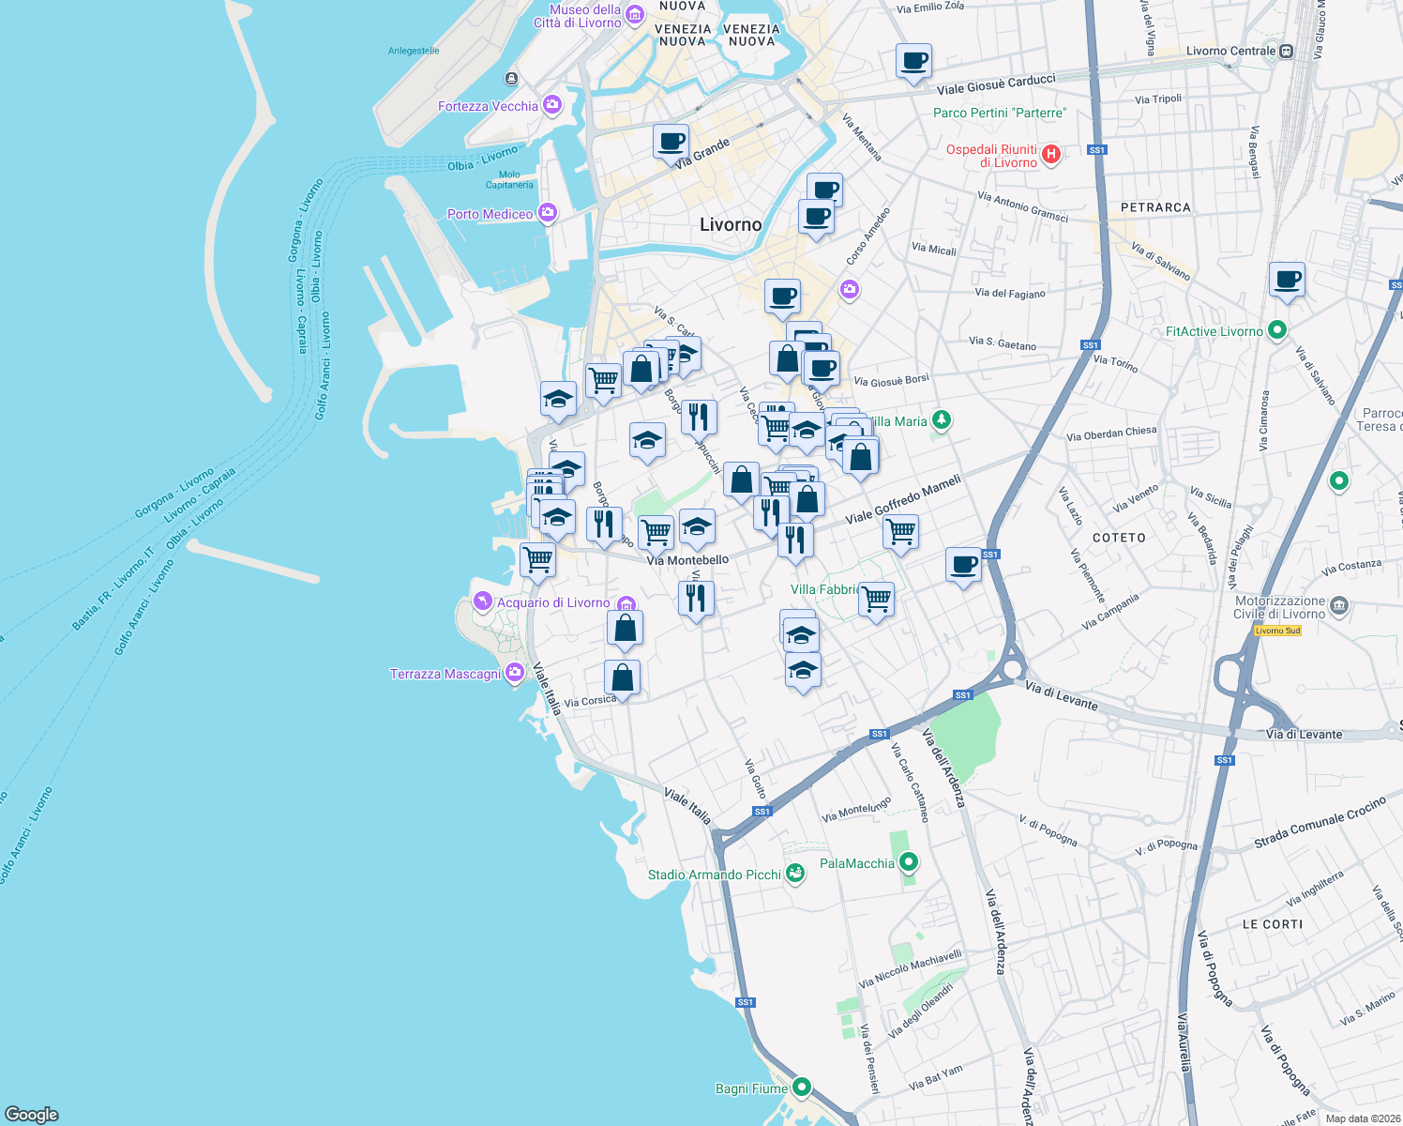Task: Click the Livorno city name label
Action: click(x=731, y=225)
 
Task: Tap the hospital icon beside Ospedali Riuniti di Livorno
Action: click(x=1051, y=155)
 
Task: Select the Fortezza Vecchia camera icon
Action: click(x=552, y=105)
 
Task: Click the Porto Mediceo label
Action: click(x=490, y=214)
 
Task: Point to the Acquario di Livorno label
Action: click(x=553, y=602)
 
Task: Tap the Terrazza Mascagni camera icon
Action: click(x=514, y=673)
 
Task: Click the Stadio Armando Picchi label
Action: click(x=715, y=875)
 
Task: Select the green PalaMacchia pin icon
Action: click(x=908, y=862)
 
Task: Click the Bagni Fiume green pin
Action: click(x=802, y=1088)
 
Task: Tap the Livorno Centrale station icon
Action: click(x=1287, y=52)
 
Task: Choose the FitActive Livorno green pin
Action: click(x=1276, y=330)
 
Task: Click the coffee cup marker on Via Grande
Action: click(x=671, y=142)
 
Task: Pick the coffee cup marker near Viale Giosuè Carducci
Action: click(x=913, y=62)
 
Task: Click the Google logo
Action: click(x=32, y=1114)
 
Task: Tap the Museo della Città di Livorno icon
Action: click(x=635, y=15)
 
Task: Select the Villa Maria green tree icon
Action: click(x=942, y=420)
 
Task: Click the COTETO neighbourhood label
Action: click(x=1119, y=538)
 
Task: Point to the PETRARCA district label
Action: click(x=1155, y=207)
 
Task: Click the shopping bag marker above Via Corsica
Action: click(x=622, y=677)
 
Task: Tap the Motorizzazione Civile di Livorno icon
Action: click(x=1339, y=605)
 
